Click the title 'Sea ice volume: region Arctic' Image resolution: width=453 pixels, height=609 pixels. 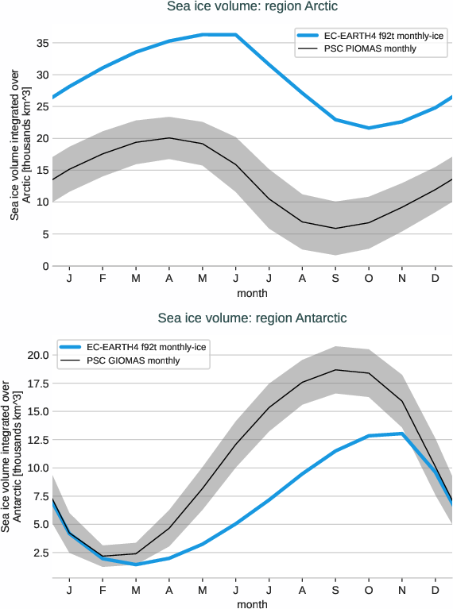252,7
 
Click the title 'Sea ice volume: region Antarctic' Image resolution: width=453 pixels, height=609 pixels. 252,318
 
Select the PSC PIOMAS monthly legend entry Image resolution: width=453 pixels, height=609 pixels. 370,49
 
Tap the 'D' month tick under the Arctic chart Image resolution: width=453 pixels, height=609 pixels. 436,279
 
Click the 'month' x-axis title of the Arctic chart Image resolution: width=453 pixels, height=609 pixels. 252,293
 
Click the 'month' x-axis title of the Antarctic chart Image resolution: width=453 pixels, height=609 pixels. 252,603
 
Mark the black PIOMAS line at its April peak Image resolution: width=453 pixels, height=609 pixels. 168,138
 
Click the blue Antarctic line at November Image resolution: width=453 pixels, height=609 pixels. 403,434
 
